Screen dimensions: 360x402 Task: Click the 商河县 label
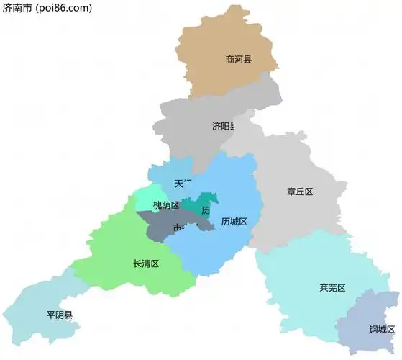[x=238, y=60]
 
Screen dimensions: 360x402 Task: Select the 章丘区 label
[x=300, y=192]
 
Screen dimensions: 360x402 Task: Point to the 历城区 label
[x=234, y=222]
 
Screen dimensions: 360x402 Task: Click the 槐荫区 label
[x=166, y=205]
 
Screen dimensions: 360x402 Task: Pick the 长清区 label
[x=146, y=264]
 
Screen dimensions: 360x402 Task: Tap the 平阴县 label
[x=60, y=315]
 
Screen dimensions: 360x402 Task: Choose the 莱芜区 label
[x=332, y=288]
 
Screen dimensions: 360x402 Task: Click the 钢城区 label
[x=382, y=330]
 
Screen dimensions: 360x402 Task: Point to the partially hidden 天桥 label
[x=183, y=183]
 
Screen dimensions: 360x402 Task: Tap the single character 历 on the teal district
[x=206, y=210]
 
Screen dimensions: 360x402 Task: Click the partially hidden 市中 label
[x=183, y=228]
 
